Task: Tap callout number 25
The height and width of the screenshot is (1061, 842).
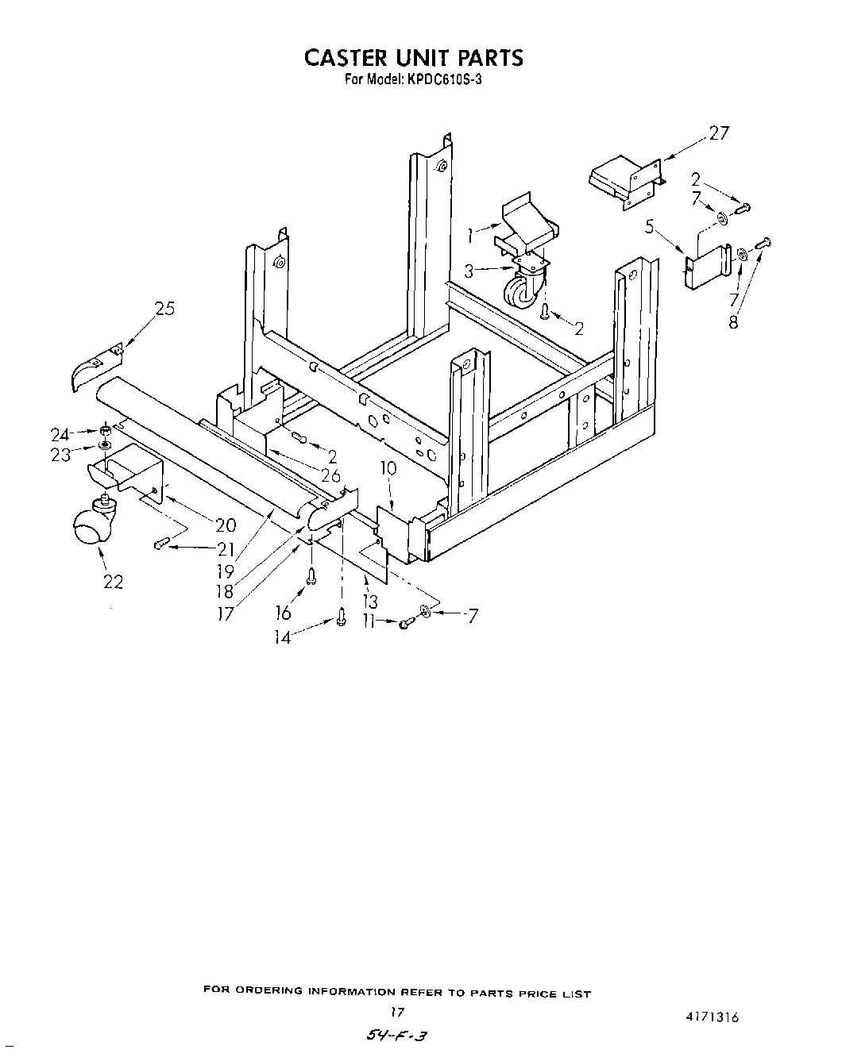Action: tap(164, 309)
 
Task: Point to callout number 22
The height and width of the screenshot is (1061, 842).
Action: tap(113, 582)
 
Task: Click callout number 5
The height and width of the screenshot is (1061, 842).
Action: tap(650, 229)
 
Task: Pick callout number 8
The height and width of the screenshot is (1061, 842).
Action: tap(733, 322)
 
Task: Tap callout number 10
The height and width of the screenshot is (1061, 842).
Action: tap(388, 469)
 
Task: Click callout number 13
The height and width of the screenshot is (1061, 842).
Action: tap(369, 601)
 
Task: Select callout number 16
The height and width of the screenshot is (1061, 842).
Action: tap(283, 613)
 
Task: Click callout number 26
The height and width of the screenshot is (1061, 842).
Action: tap(330, 475)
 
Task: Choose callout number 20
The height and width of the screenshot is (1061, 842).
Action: tap(226, 525)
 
